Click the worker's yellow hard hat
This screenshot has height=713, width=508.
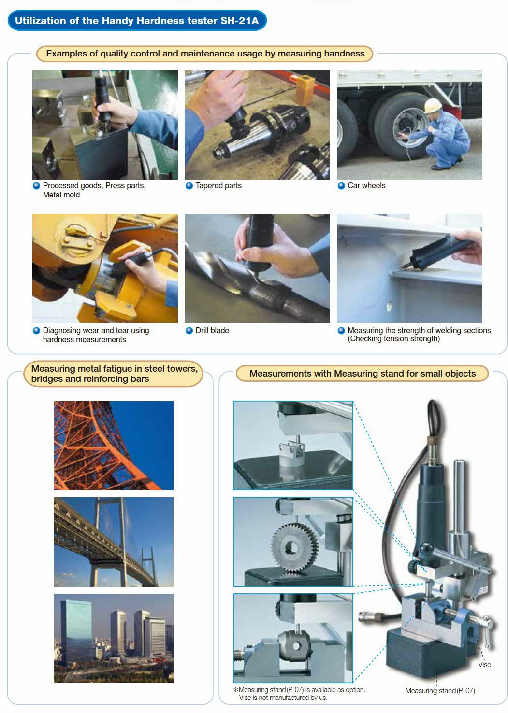click(433, 105)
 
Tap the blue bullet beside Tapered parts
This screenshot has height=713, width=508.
click(189, 186)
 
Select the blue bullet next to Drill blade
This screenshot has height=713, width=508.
click(189, 330)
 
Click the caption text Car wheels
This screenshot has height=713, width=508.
click(366, 185)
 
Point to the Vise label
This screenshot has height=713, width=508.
click(484, 665)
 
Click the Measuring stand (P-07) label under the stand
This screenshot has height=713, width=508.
click(440, 691)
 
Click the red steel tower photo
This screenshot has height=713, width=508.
click(114, 446)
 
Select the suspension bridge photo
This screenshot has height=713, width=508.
click(114, 542)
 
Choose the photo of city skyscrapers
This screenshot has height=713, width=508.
click(114, 638)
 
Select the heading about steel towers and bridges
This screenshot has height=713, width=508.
click(115, 374)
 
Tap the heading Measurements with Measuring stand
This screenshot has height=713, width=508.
click(363, 373)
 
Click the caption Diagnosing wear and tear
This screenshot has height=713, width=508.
click(96, 335)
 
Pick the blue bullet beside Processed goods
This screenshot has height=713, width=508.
click(36, 186)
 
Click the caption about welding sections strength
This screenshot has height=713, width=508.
click(419, 335)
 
